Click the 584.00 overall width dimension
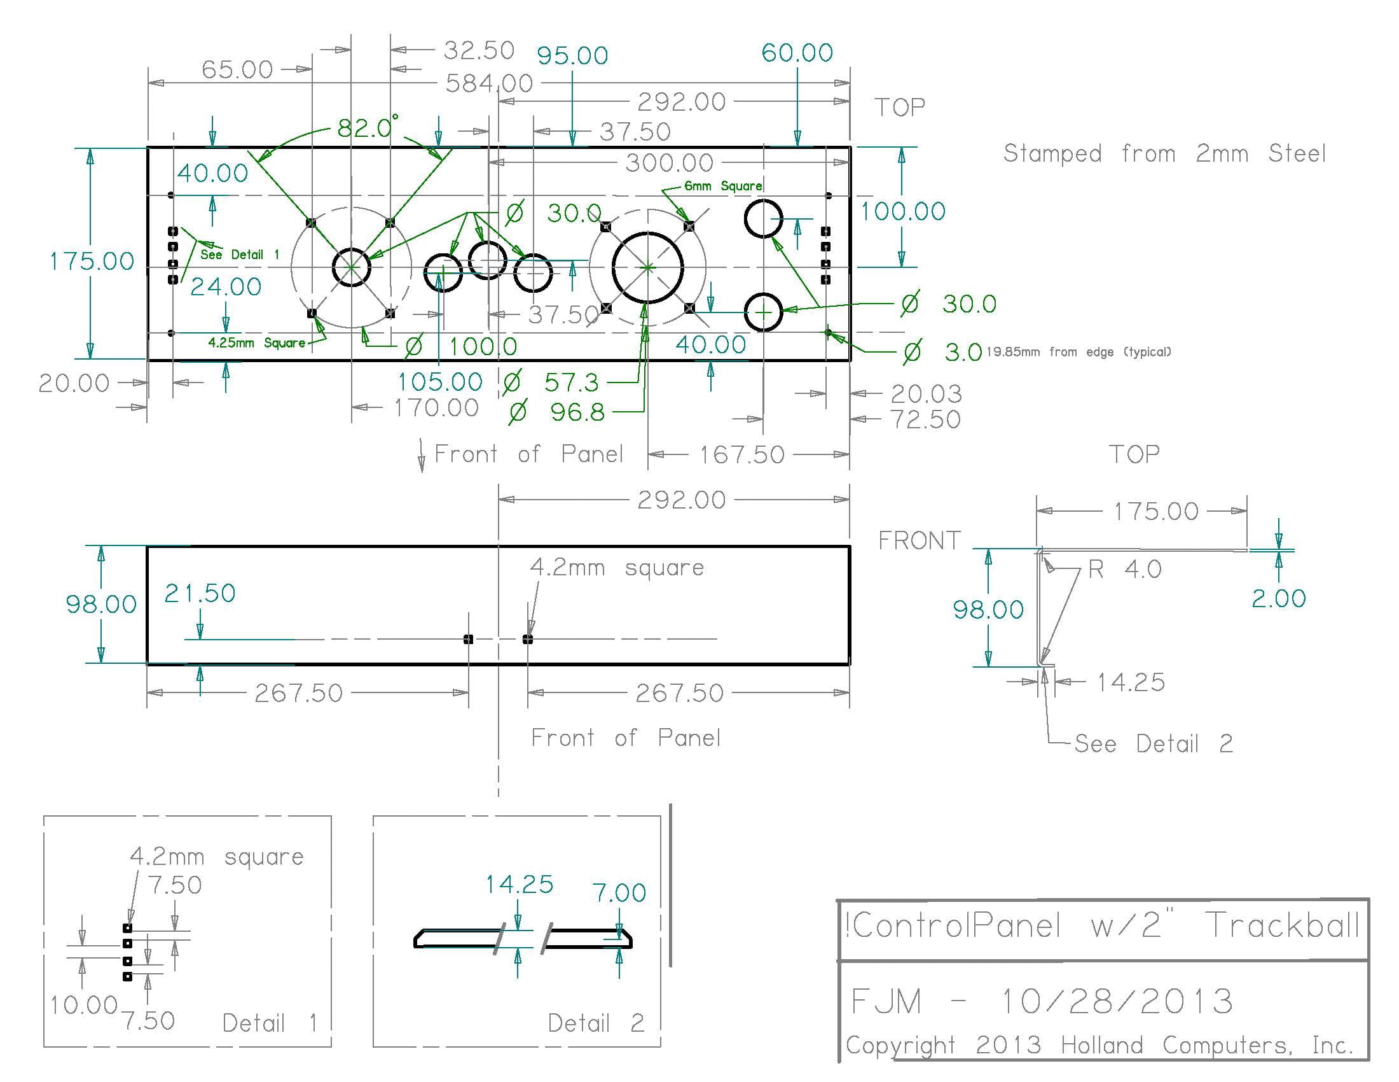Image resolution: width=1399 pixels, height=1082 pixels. pyautogui.click(x=489, y=83)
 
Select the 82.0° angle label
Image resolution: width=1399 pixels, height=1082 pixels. pyautogui.click(x=367, y=127)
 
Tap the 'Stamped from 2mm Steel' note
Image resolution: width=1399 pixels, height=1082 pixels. pyautogui.click(x=1164, y=154)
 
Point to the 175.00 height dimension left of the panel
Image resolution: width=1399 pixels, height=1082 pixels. pyautogui.click(x=92, y=261)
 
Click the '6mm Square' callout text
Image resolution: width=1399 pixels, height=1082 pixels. pyautogui.click(x=723, y=186)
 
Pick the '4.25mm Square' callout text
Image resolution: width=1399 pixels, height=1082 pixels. pyautogui.click(x=256, y=342)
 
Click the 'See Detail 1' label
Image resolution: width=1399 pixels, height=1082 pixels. pyautogui.click(x=240, y=255)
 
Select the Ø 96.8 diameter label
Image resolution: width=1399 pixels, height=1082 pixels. pyautogui.click(x=556, y=412)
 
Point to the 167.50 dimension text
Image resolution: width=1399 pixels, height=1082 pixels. pyautogui.click(x=741, y=455)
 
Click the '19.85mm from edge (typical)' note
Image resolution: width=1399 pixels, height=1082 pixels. pyautogui.click(x=1079, y=351)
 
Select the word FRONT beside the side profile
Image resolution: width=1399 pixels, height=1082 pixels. pyautogui.click(x=920, y=541)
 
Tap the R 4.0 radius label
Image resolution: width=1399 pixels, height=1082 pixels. pyautogui.click(x=1124, y=569)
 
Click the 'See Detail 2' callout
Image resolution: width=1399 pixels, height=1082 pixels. pyautogui.click(x=1153, y=743)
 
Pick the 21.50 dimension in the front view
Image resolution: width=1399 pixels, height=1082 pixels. pyautogui.click(x=200, y=593)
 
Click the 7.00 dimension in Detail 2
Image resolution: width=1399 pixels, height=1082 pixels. pyautogui.click(x=619, y=892)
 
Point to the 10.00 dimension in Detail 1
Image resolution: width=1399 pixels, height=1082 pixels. pyautogui.click(x=84, y=1004)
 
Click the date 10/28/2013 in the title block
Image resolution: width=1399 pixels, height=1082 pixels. pyautogui.click(x=1117, y=1001)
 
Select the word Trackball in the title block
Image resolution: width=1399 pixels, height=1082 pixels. pyautogui.click(x=1283, y=925)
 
